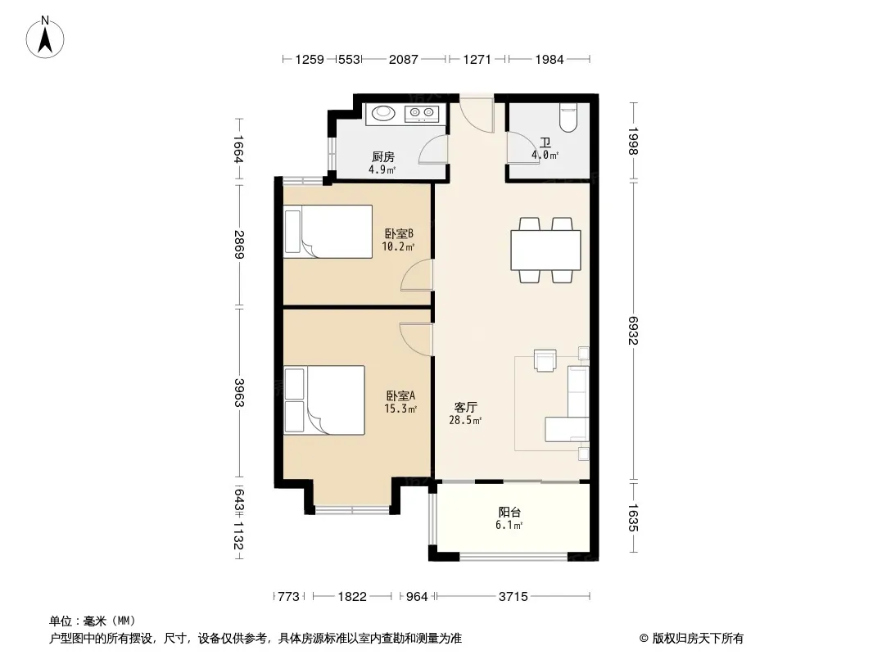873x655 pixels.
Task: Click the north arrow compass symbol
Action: pyautogui.click(x=45, y=38)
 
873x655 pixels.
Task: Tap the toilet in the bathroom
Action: pyautogui.click(x=568, y=117)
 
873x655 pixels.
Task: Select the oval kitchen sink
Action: pyautogui.click(x=383, y=113)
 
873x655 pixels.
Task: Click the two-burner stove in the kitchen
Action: pyautogui.click(x=422, y=114)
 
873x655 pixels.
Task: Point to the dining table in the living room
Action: pyautogui.click(x=545, y=250)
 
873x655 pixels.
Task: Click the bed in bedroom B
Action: pyautogui.click(x=328, y=232)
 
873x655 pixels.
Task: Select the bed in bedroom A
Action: pyautogui.click(x=324, y=400)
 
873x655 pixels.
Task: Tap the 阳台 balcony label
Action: pyautogui.click(x=509, y=512)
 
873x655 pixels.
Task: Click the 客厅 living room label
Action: pyautogui.click(x=465, y=408)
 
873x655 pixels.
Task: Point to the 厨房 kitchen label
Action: pyautogui.click(x=383, y=157)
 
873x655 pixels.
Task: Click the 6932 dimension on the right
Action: pyautogui.click(x=633, y=331)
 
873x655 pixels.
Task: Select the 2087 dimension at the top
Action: pyautogui.click(x=403, y=59)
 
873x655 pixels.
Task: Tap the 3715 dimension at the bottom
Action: pyautogui.click(x=513, y=597)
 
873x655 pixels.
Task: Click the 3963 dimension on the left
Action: pyautogui.click(x=239, y=393)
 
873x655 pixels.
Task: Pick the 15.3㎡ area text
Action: pyautogui.click(x=400, y=409)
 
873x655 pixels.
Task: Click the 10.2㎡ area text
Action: pyautogui.click(x=398, y=246)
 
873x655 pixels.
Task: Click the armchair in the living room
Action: pyautogui.click(x=545, y=360)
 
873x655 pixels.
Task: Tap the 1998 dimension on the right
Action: pyautogui.click(x=633, y=142)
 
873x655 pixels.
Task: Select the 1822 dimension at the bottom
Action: pyautogui.click(x=352, y=597)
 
